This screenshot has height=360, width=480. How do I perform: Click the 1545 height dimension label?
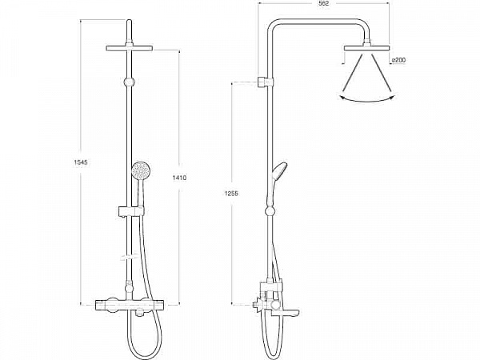[81, 162]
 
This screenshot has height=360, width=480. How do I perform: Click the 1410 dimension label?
[180, 178]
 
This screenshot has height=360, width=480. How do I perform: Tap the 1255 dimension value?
[231, 194]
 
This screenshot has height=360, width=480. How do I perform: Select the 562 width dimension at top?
[323, 4]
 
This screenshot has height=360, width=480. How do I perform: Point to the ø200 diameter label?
[398, 60]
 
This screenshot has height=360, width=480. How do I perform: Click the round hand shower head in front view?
[141, 171]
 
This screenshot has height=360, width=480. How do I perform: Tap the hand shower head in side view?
[279, 172]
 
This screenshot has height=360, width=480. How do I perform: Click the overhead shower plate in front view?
[129, 48]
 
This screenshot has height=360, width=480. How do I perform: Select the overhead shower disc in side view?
[366, 48]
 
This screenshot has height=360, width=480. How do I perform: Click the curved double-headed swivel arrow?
[367, 100]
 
